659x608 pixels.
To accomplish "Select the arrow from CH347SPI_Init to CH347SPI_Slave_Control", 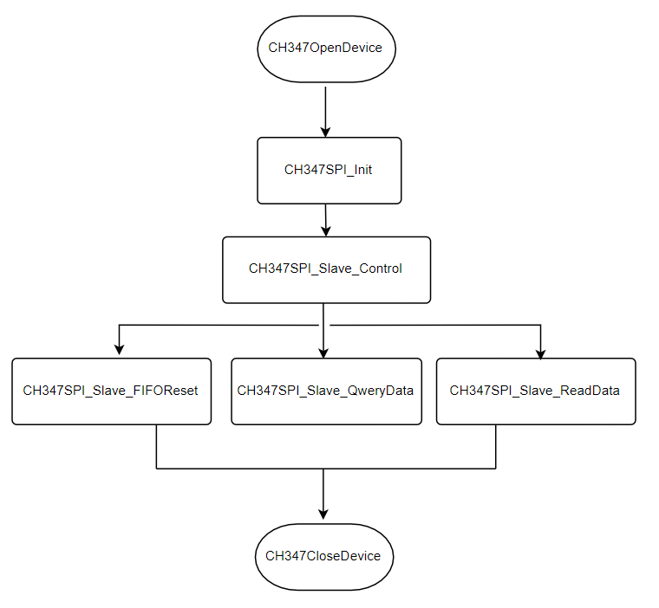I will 326,220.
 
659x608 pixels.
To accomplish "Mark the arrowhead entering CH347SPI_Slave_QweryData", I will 323,351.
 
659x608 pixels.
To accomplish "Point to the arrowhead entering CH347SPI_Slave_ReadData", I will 541,351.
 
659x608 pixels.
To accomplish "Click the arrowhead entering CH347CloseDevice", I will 323,514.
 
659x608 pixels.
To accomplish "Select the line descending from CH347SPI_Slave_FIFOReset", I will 156,447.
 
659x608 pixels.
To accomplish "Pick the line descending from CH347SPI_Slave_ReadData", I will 496,447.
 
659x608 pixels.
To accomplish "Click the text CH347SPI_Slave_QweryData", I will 325,391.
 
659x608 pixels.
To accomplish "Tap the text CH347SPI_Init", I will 329,170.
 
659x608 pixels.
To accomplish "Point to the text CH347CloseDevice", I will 323,556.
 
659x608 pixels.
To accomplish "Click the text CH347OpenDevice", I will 325,48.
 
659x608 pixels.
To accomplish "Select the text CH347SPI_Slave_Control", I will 325,268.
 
